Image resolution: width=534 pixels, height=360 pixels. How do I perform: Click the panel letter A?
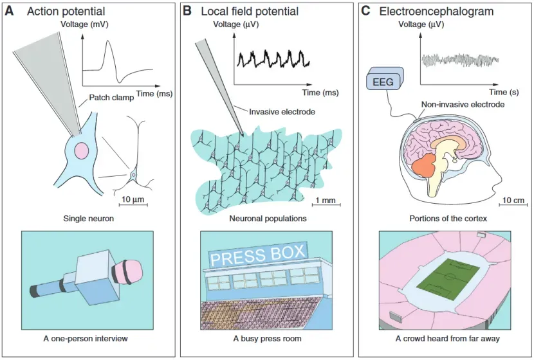coord(10,12)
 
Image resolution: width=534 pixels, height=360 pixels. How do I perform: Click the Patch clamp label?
coord(107,98)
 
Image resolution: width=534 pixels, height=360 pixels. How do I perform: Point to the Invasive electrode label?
coord(282,112)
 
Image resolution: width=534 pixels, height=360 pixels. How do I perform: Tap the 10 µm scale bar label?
coord(133,199)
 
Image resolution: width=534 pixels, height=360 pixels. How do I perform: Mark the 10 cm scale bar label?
coord(513,199)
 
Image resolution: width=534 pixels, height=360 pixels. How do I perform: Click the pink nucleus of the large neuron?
coord(81,151)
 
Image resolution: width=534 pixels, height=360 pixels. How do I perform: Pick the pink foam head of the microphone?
coord(131,271)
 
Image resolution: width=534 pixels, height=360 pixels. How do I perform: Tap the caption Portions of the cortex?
coord(448,219)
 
